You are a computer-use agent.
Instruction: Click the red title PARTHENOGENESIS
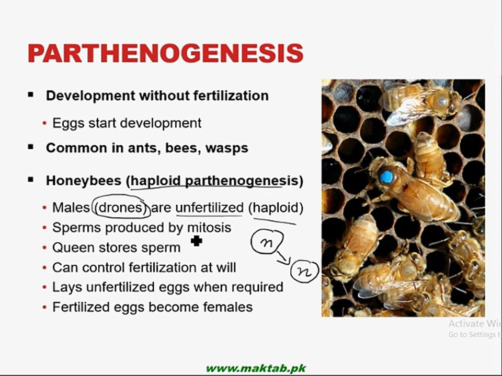pyautogui.click(x=165, y=54)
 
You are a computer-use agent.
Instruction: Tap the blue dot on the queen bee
pyautogui.click(x=386, y=177)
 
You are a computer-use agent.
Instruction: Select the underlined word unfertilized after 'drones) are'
pyautogui.click(x=209, y=208)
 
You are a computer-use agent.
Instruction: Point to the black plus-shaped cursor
pyautogui.click(x=197, y=241)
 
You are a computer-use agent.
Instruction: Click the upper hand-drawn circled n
pyautogui.click(x=267, y=242)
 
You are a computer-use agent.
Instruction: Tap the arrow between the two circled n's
pyautogui.click(x=283, y=257)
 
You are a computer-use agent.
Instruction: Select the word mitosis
pyautogui.click(x=209, y=228)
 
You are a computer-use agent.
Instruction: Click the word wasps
pyautogui.click(x=226, y=148)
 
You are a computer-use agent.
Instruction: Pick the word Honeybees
pyautogui.click(x=83, y=181)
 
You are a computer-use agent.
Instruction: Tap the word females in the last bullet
pyautogui.click(x=226, y=307)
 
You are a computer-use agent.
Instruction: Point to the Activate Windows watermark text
pyautogui.click(x=474, y=324)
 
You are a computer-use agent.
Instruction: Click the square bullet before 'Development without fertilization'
pyautogui.click(x=31, y=95)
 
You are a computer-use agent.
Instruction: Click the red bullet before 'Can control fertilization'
pyautogui.click(x=45, y=268)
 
